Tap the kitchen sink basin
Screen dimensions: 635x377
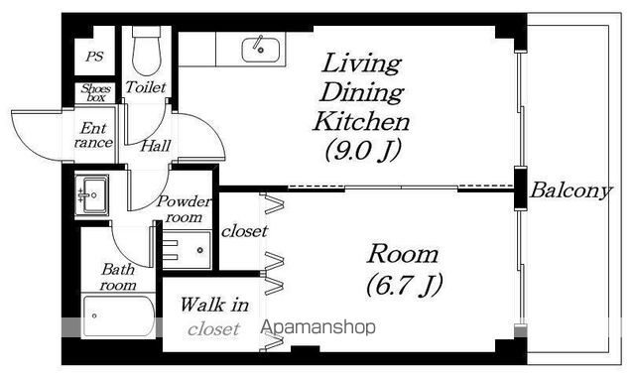(x=260, y=50)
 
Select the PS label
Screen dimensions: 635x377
(x=94, y=57)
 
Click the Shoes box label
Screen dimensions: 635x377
(x=95, y=92)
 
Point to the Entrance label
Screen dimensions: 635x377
(x=93, y=135)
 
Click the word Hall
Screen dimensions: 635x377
(x=156, y=146)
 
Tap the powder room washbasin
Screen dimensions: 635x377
(x=91, y=195)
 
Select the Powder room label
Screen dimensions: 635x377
(x=185, y=209)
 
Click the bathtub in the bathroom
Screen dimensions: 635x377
(x=118, y=316)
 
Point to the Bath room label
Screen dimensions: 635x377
(x=118, y=278)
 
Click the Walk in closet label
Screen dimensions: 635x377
(x=214, y=316)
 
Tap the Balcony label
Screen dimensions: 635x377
(x=571, y=190)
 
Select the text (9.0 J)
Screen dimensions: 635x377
(x=363, y=150)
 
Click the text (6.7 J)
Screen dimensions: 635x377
(x=404, y=285)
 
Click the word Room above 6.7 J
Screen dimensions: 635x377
(x=403, y=254)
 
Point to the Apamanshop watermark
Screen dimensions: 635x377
(x=317, y=326)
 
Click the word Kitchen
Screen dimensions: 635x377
(x=361, y=121)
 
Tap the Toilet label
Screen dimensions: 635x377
(x=146, y=87)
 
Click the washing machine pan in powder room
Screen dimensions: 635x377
(x=187, y=250)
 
